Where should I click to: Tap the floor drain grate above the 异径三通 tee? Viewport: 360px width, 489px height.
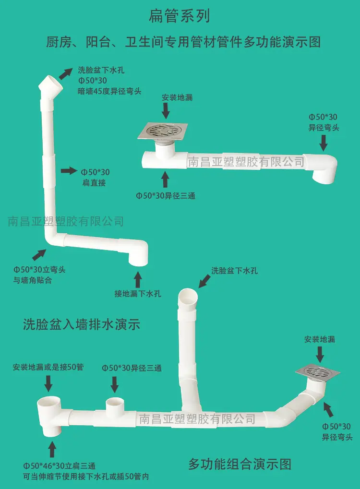click(163, 131)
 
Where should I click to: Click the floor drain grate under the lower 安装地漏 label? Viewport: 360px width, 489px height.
click(318, 371)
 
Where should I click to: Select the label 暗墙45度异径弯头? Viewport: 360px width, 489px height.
click(109, 91)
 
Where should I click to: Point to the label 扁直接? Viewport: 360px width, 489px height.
click(94, 183)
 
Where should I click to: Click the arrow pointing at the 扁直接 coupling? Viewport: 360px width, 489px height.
click(69, 170)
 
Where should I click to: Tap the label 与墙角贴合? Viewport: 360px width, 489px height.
click(33, 280)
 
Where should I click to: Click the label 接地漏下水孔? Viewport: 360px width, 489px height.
click(138, 294)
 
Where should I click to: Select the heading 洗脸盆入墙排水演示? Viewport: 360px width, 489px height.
click(82, 324)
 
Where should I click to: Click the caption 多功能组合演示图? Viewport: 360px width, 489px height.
click(240, 464)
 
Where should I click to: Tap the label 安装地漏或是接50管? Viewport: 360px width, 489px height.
click(48, 367)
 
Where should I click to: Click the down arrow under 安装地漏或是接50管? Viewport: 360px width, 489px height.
click(48, 383)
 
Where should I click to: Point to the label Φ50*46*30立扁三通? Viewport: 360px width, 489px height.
click(59, 466)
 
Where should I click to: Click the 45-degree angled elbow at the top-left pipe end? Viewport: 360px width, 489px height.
click(50, 85)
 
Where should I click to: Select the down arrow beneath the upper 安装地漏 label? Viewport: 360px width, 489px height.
click(166, 111)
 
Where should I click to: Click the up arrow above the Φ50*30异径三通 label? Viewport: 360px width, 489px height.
click(165, 179)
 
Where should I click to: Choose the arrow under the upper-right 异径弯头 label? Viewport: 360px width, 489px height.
click(324, 143)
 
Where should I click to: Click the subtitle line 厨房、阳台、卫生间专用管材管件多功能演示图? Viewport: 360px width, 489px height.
click(183, 42)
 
